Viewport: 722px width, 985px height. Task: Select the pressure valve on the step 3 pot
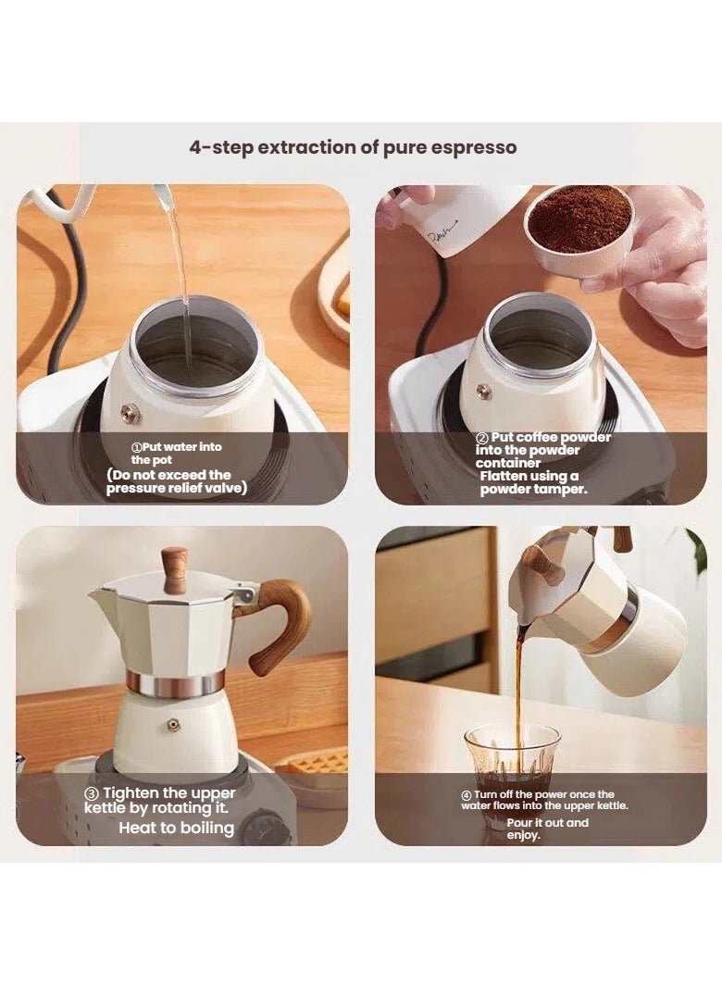(x=173, y=725)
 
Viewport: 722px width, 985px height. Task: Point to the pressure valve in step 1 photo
(x=131, y=414)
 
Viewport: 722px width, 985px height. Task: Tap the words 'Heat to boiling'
(x=176, y=828)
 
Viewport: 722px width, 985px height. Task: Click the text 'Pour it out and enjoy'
(x=546, y=829)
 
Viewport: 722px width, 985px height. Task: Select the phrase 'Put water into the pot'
(x=176, y=453)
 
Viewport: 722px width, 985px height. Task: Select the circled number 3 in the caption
(x=92, y=793)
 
